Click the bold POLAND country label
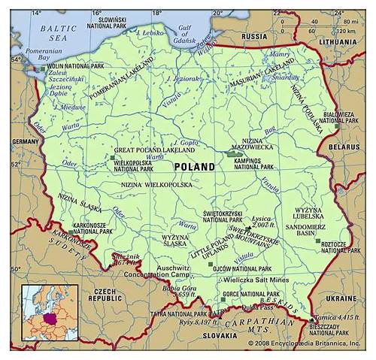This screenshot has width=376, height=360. tap(194, 166)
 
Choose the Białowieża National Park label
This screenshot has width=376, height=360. tap(337, 116)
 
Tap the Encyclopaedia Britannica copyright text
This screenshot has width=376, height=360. tap(305, 343)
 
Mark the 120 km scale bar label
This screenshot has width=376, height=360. tap(347, 32)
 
